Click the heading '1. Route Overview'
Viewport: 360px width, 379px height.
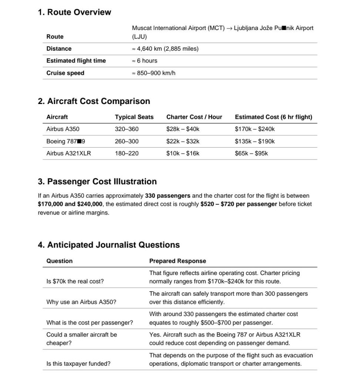point(74,12)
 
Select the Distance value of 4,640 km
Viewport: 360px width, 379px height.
point(165,49)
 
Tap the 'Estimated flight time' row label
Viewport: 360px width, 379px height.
point(76,61)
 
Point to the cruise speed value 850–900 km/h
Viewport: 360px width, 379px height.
point(154,73)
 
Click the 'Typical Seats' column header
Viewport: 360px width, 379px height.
point(134,117)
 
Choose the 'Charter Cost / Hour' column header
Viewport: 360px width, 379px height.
point(194,117)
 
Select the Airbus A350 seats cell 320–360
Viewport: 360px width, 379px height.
point(127,129)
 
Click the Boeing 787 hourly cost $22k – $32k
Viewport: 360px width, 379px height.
point(183,141)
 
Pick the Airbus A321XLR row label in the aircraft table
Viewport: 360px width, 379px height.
point(68,153)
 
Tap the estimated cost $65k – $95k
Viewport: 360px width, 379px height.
point(251,153)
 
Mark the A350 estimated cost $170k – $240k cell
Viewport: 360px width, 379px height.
point(255,129)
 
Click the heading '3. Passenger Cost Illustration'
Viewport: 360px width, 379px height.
point(97,182)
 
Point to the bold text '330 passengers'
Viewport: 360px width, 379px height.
point(168,196)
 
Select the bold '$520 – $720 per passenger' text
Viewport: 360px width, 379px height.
point(239,204)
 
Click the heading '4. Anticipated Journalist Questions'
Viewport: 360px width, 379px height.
point(109,245)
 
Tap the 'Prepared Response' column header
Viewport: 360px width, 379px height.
point(178,261)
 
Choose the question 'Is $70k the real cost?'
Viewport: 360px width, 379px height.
point(75,281)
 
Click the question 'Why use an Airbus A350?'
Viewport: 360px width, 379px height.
point(81,302)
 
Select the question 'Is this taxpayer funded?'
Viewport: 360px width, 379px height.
point(78,364)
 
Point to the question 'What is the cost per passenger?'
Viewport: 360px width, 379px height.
point(90,323)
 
